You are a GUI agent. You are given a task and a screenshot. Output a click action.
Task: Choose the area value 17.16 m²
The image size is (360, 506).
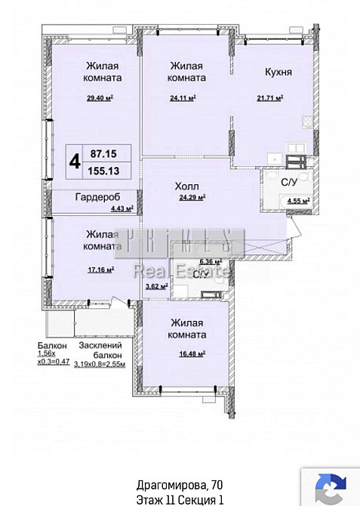click(100, 268)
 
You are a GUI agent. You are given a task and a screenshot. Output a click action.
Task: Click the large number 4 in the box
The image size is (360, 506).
click(75, 160)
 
